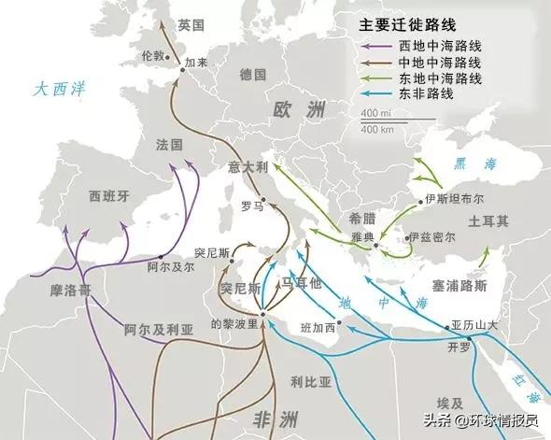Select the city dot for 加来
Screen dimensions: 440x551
coord(181,64)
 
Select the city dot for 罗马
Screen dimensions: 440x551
coord(262,198)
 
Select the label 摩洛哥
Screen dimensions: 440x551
coord(71,291)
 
